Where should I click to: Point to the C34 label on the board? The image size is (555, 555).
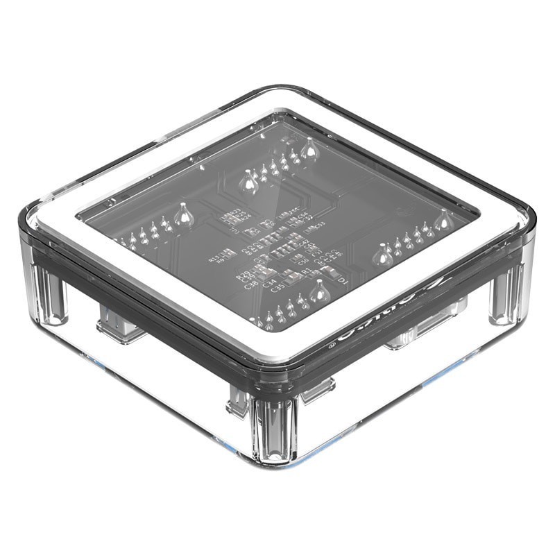270,282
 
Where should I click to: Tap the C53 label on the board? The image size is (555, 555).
318,226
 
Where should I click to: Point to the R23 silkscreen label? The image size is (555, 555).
234,211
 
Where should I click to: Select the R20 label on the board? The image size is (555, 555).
243,275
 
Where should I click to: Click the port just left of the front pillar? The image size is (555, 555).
239,400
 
